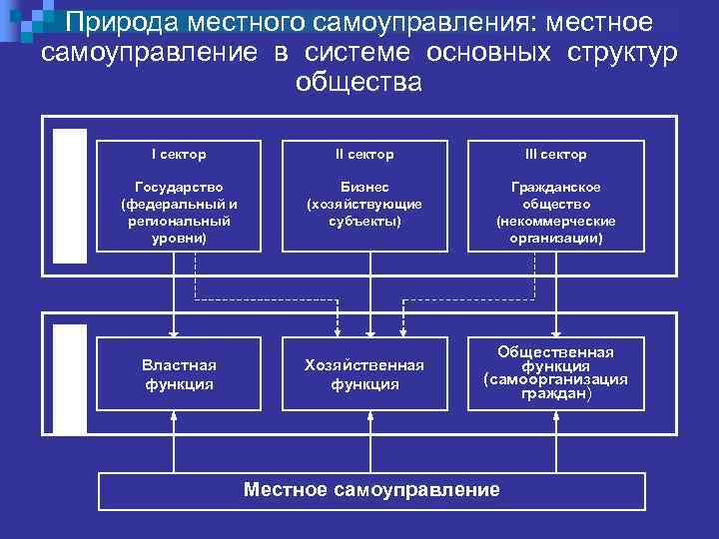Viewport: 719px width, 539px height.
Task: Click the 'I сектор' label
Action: pyautogui.click(x=178, y=155)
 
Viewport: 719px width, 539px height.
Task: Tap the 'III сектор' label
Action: pyautogui.click(x=555, y=155)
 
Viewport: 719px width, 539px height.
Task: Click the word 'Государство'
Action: pyautogui.click(x=178, y=187)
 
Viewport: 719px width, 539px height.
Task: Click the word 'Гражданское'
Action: pyautogui.click(x=555, y=187)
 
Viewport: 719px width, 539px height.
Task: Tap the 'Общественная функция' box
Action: pyautogui.click(x=555, y=372)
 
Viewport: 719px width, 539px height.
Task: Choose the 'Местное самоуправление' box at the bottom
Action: pyautogui.click(x=371, y=489)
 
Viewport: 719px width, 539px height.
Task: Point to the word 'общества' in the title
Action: pyautogui.click(x=359, y=83)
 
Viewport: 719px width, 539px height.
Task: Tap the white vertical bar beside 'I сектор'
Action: pyautogui.click(x=70, y=196)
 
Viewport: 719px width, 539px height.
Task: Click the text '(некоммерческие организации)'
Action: pyautogui.click(x=555, y=231)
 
